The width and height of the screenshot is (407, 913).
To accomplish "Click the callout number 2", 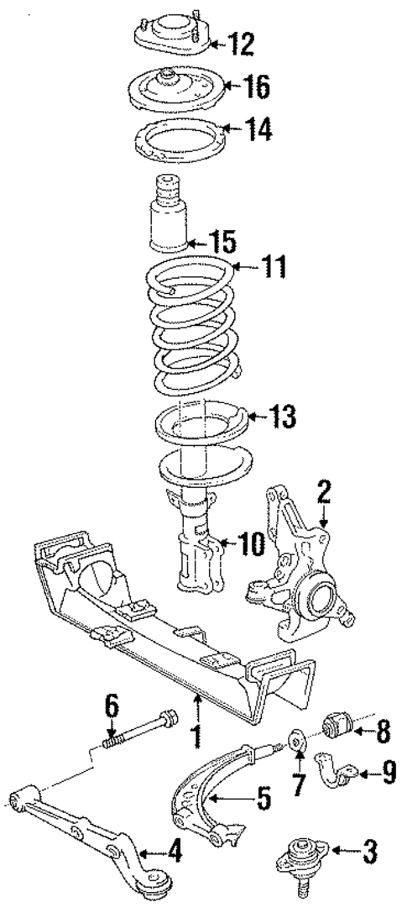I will (323, 490).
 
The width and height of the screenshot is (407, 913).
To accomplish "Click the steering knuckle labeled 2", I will (302, 563).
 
